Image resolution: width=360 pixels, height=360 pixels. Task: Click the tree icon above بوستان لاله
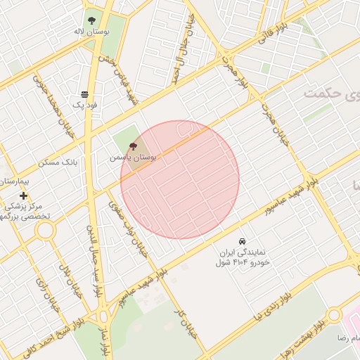pyautogui.click(x=91, y=20)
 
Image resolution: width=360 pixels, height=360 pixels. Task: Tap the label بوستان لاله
pyautogui.click(x=91, y=32)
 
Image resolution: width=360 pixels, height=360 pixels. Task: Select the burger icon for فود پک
pyautogui.click(x=84, y=94)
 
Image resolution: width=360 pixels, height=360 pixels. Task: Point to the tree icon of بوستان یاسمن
pyautogui.click(x=134, y=147)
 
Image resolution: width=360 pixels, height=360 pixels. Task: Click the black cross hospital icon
pyautogui.click(x=24, y=195)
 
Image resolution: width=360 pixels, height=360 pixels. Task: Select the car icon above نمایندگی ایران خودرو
pyautogui.click(x=243, y=240)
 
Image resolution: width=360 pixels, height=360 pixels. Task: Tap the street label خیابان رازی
pyautogui.click(x=49, y=293)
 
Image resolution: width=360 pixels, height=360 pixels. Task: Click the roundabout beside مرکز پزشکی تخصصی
pyautogui.click(x=46, y=229)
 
